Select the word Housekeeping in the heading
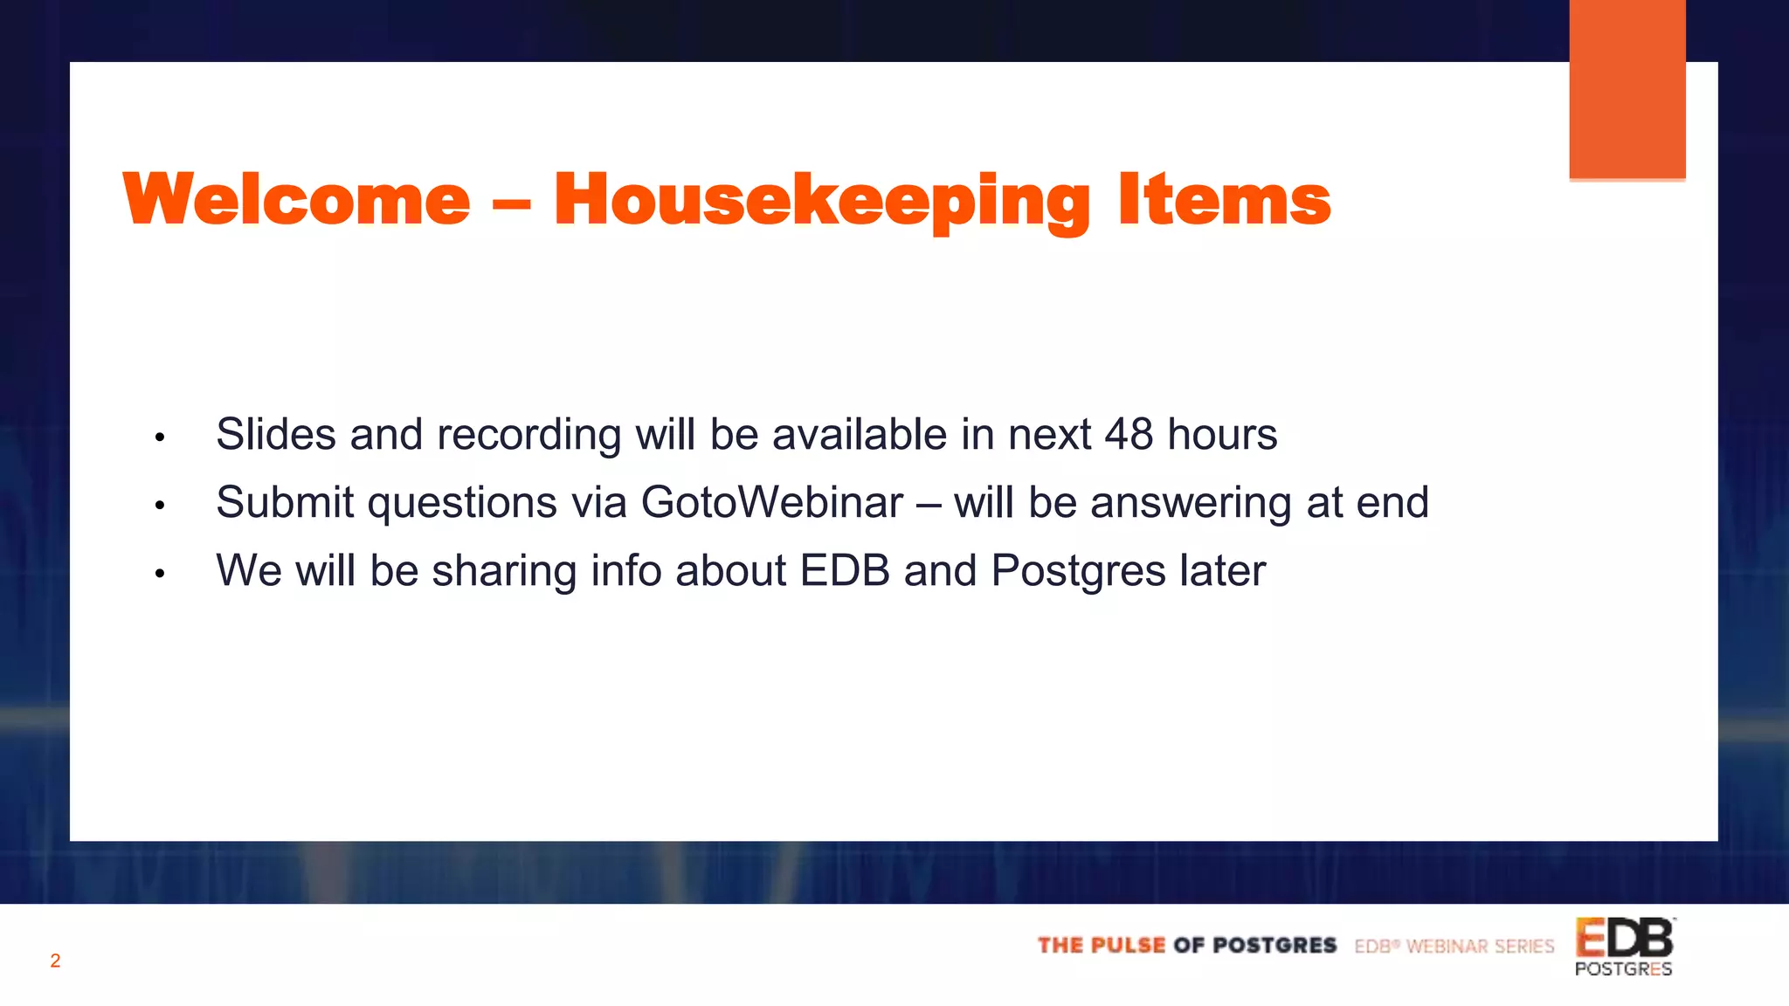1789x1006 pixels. (821, 201)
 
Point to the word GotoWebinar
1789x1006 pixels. (772, 502)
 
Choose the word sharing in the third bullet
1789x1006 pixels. (504, 570)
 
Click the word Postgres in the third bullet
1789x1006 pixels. (1079, 570)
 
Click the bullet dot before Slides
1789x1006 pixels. (160, 437)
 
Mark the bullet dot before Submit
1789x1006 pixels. (160, 505)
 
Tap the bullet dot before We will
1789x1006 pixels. (160, 574)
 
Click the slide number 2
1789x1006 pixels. (55, 961)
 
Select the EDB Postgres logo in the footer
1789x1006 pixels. (1624, 947)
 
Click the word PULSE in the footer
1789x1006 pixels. (1128, 945)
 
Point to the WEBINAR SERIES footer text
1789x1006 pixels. (1480, 946)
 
